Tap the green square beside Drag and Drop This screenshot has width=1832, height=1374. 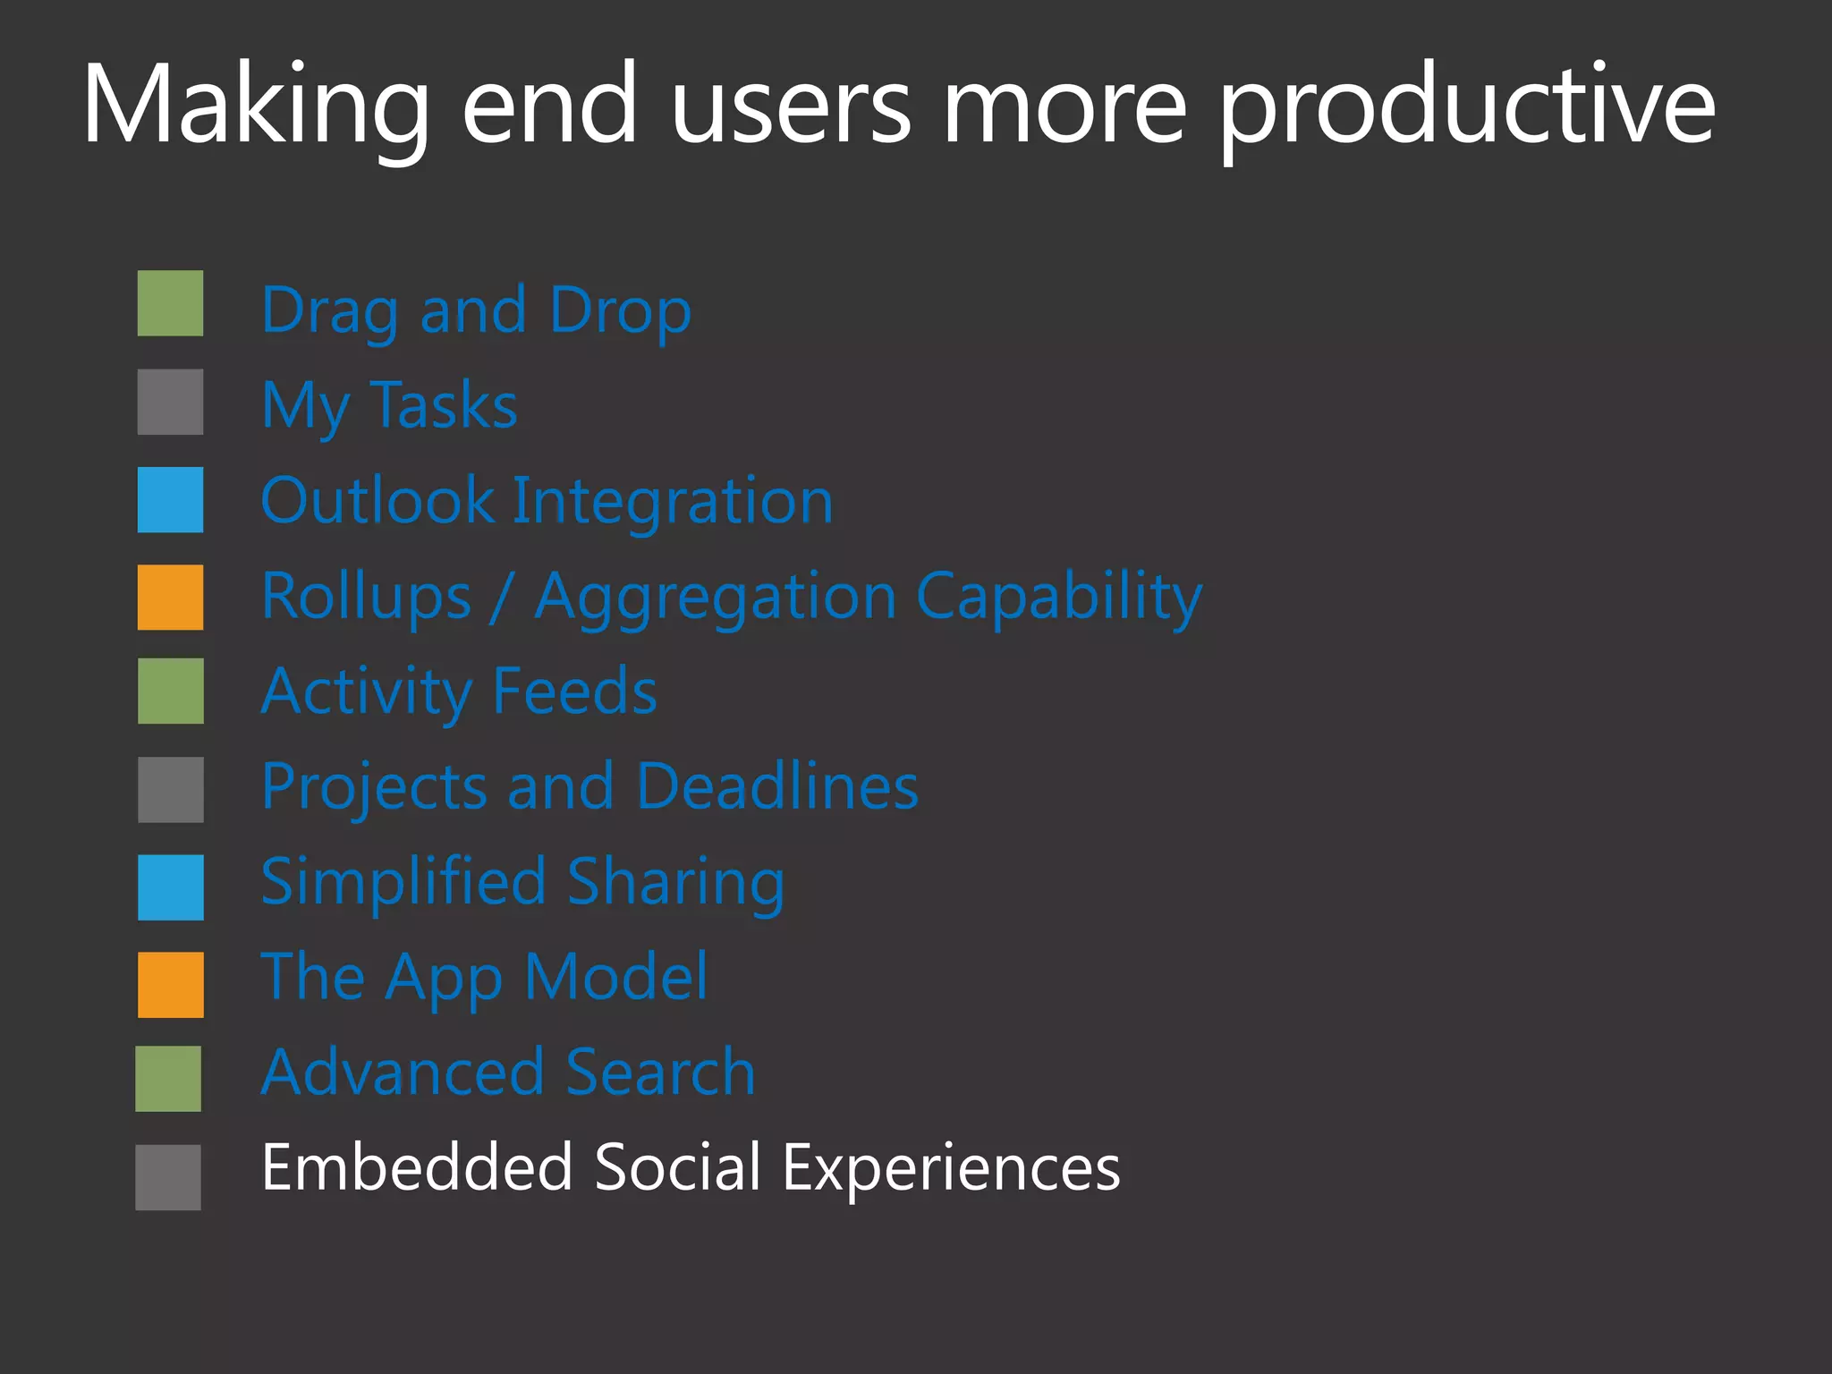pos(170,303)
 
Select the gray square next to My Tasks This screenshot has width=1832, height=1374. pos(170,402)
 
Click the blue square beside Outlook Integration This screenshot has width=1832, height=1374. pos(170,499)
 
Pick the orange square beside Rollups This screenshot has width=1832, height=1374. pos(170,597)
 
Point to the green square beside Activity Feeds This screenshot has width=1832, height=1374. pos(170,691)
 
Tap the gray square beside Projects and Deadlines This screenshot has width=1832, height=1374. pos(170,789)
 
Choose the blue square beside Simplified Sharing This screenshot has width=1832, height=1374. pos(170,887)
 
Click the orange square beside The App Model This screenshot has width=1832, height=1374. pos(170,985)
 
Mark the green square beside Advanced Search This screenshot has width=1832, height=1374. pos(168,1079)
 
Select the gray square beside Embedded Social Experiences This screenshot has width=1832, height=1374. pos(168,1177)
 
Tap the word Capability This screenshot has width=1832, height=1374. pos(1059,598)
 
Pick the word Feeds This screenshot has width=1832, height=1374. pos(575,691)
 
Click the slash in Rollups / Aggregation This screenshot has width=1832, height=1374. pos(503,598)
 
